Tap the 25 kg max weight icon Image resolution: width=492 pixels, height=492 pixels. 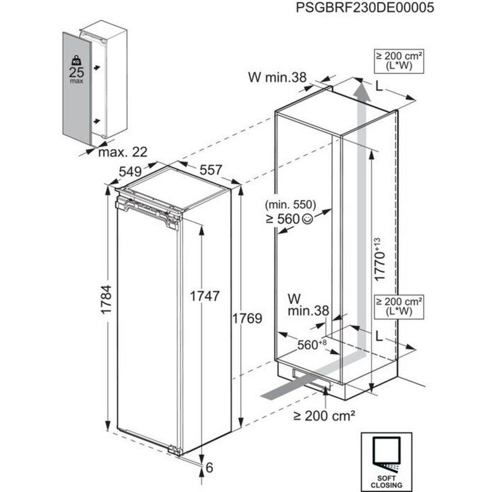pos(76,69)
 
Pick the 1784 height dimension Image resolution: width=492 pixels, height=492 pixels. pos(106,299)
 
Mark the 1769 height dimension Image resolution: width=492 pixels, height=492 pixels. pos(247,318)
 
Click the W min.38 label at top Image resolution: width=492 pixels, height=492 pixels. pos(277,78)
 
